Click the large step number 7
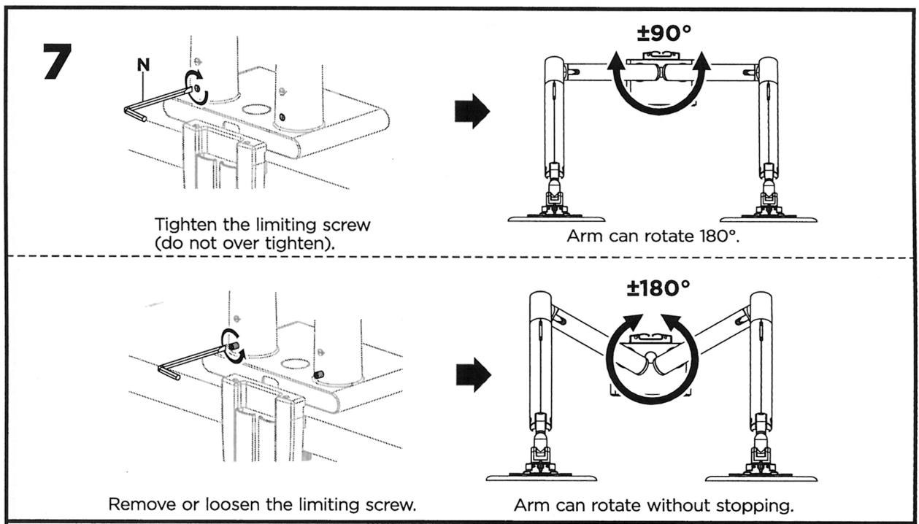point(58,61)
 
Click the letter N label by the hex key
point(143,65)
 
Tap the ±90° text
point(664,33)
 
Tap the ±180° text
point(658,288)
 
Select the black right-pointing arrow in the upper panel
point(472,111)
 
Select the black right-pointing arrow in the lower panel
point(474,374)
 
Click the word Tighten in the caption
point(186,226)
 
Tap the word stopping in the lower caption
point(755,506)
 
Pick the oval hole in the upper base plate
point(255,109)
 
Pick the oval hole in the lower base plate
point(294,364)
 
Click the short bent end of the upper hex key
point(135,115)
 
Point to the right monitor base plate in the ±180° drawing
point(761,477)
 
